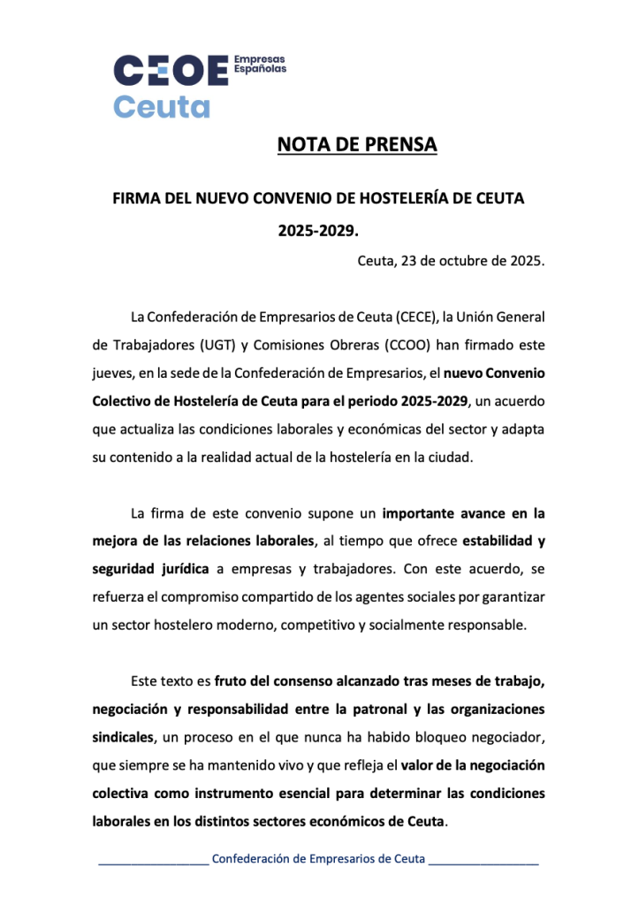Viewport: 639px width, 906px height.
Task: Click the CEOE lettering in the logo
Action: [x=171, y=71]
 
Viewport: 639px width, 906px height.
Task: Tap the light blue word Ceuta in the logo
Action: [x=162, y=106]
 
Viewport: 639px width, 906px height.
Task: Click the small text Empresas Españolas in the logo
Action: [x=259, y=64]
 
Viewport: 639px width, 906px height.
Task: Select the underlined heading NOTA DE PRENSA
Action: [x=357, y=144]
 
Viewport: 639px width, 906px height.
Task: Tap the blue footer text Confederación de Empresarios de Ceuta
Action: [x=319, y=859]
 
